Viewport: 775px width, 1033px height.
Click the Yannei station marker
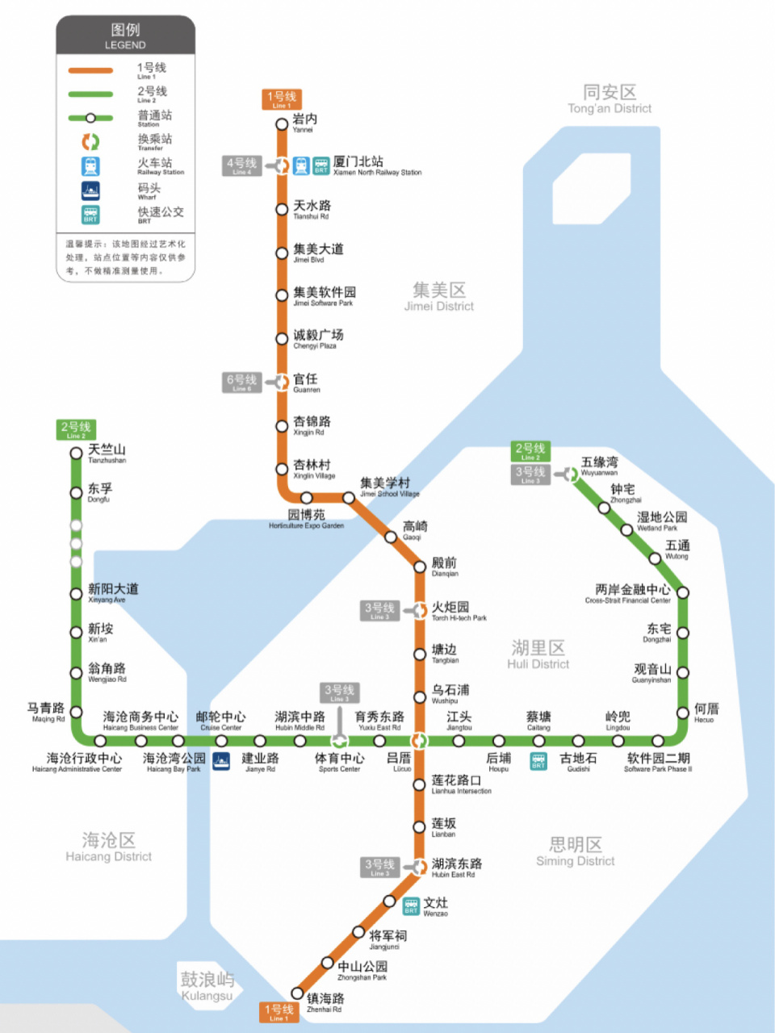click(x=282, y=123)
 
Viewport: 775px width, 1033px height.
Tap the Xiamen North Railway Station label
click(x=377, y=165)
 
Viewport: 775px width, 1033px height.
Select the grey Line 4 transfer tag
click(x=241, y=165)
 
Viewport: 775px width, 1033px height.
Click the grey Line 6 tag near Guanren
click(x=241, y=382)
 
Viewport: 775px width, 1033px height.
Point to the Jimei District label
click(x=439, y=296)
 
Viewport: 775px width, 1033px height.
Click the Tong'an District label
click(x=610, y=98)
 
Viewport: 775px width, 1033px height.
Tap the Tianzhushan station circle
click(x=76, y=453)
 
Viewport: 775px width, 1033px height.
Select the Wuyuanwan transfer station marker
click(x=571, y=475)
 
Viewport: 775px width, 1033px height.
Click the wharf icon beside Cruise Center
click(x=220, y=760)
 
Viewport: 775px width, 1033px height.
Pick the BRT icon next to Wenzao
click(x=411, y=905)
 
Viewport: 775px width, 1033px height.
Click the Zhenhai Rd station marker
click(x=297, y=993)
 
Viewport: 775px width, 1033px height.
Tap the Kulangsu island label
click(x=207, y=985)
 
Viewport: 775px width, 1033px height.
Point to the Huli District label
click(x=538, y=654)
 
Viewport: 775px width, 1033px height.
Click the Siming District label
click(x=576, y=851)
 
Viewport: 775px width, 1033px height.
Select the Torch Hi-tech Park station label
click(x=459, y=611)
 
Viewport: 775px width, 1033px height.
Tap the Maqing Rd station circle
click(x=76, y=711)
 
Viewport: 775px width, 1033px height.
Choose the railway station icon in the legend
click(x=90, y=166)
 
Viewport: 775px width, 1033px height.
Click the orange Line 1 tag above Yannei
click(x=282, y=98)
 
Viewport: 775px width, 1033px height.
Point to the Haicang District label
click(x=109, y=847)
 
